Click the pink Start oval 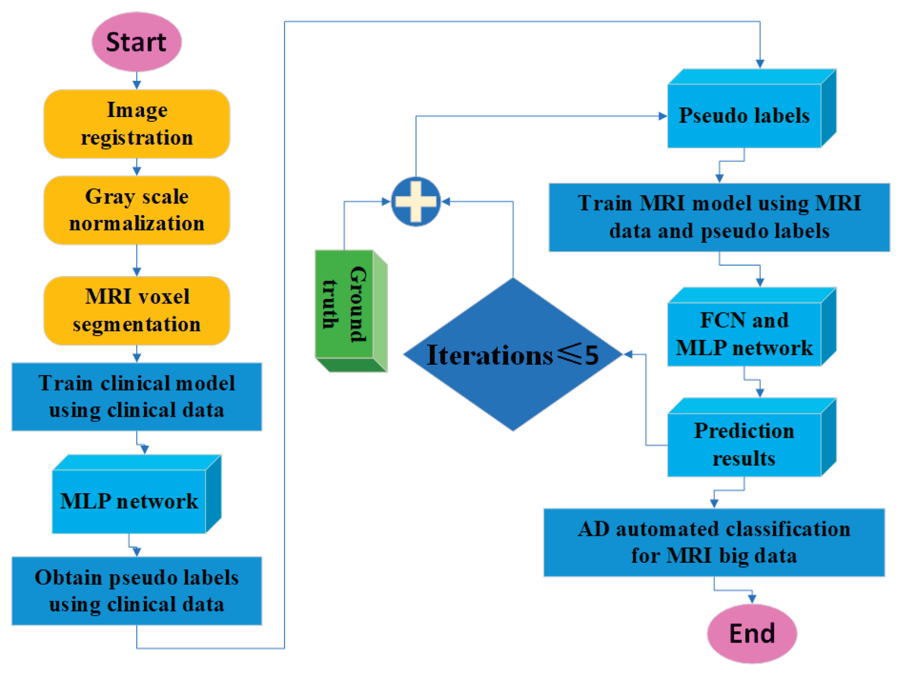(136, 42)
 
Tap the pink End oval (752, 633)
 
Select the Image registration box (137, 124)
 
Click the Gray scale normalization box (137, 210)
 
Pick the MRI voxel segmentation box (137, 311)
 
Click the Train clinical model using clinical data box (137, 397)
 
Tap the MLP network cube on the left (137, 494)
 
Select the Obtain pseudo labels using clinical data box (137, 590)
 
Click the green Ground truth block (351, 311)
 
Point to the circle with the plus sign (416, 202)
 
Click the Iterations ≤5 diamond (513, 354)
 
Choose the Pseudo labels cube (752, 108)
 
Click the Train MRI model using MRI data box (719, 217)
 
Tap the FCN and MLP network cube (752, 327)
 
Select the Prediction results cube (752, 437)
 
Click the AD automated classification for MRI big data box (714, 542)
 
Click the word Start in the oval (136, 42)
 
